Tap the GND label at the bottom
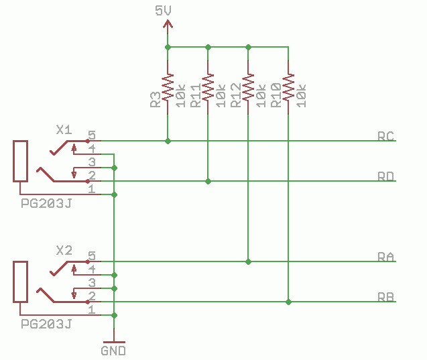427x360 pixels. tap(113, 350)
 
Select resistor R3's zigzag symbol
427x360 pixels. tap(168, 87)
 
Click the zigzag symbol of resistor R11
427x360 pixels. tap(208, 87)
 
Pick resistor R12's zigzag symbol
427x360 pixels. tap(248, 87)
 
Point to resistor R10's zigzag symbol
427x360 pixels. tap(288, 87)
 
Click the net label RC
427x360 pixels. tap(385, 136)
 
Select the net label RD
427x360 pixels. tap(385, 176)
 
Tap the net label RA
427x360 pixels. tap(385, 257)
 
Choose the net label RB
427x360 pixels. tap(385, 297)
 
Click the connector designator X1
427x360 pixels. tap(64, 129)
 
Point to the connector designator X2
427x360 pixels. tap(64, 250)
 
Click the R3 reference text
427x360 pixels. tap(155, 100)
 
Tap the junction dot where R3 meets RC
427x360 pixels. tap(168, 141)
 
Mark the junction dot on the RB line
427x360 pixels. tap(288, 302)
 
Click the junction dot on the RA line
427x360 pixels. tap(248, 261)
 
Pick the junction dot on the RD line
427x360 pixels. tap(208, 181)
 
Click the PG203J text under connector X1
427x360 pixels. tap(46, 203)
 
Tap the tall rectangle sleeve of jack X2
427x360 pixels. tap(20, 282)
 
